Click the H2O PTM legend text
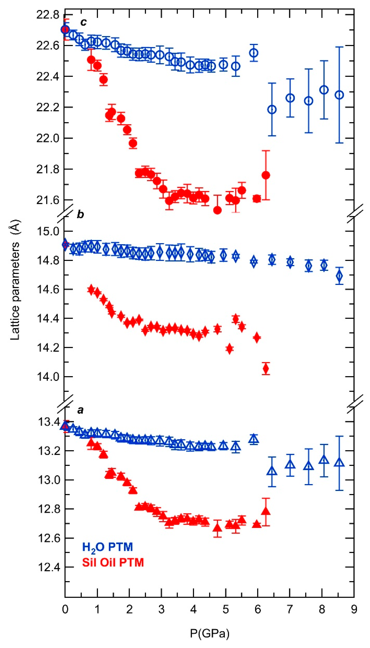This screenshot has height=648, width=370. (x=107, y=547)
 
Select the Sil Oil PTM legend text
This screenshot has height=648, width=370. (x=113, y=562)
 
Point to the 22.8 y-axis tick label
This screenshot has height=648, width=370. (x=48, y=15)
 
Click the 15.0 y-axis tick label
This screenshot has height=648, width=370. (x=48, y=231)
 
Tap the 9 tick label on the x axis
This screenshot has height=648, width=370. (x=354, y=609)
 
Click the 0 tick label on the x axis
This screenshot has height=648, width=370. (x=65, y=609)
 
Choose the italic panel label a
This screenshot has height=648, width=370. (x=80, y=410)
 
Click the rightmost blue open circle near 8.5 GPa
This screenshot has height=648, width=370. (x=339, y=95)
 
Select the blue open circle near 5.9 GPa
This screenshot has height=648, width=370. (x=254, y=53)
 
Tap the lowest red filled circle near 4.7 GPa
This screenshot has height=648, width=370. (x=217, y=210)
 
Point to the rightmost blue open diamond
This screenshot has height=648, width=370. (x=339, y=276)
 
